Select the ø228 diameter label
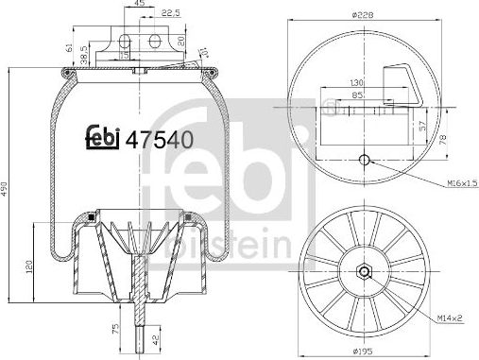366,13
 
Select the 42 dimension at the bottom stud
155,338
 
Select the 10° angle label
203,48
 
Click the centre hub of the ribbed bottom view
365,273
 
